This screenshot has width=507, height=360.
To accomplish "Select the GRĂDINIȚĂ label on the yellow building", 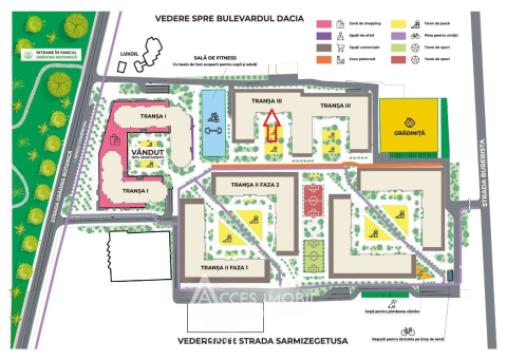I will click(410, 132).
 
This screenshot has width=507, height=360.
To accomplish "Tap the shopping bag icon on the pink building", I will click(118, 139).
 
